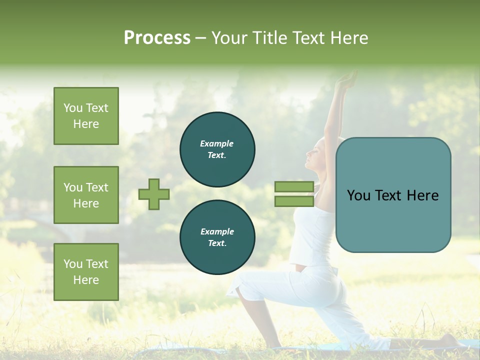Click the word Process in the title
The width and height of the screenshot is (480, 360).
[x=157, y=38]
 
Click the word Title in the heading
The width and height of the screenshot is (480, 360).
[x=269, y=38]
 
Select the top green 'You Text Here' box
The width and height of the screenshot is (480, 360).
[x=86, y=116]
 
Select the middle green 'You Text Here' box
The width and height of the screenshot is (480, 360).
[x=86, y=195]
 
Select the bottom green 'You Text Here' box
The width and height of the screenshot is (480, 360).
[x=86, y=272]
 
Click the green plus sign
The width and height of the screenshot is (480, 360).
[x=154, y=194]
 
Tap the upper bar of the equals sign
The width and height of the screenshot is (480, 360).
[x=294, y=187]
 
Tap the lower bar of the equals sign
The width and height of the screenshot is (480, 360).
[x=294, y=201]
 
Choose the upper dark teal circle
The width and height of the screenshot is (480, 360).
[x=217, y=149]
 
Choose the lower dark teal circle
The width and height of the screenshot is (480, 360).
[x=217, y=237]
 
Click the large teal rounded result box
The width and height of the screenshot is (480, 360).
[x=393, y=195]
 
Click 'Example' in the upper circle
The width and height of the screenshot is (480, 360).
[x=217, y=143]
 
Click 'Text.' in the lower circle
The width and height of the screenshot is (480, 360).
[x=217, y=243]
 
